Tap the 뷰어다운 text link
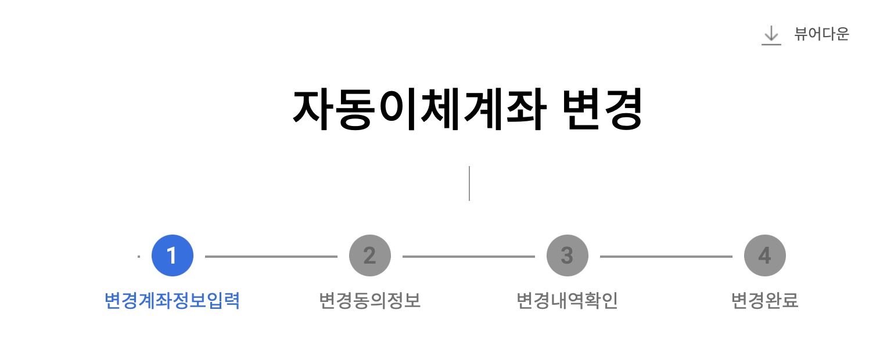click(x=821, y=34)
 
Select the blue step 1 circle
click(x=173, y=256)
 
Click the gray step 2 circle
click(x=370, y=256)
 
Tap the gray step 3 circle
click(x=568, y=256)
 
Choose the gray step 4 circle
click(x=765, y=256)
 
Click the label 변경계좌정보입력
click(x=172, y=301)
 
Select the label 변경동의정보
click(x=370, y=301)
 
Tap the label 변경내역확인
click(x=568, y=301)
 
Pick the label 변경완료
click(x=765, y=301)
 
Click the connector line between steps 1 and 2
click(x=271, y=256)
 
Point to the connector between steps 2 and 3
click(x=469, y=256)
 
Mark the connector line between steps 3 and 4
click(x=666, y=256)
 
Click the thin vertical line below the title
click(x=469, y=183)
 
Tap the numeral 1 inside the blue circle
click(x=171, y=256)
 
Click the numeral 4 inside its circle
click(x=764, y=256)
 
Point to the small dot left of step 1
click(x=139, y=256)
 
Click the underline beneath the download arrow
click(x=771, y=44)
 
